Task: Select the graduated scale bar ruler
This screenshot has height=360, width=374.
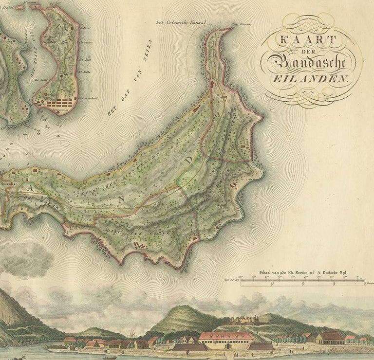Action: pyautogui.click(x=302, y=281)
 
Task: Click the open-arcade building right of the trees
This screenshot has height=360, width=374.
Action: pyautogui.click(x=330, y=337)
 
